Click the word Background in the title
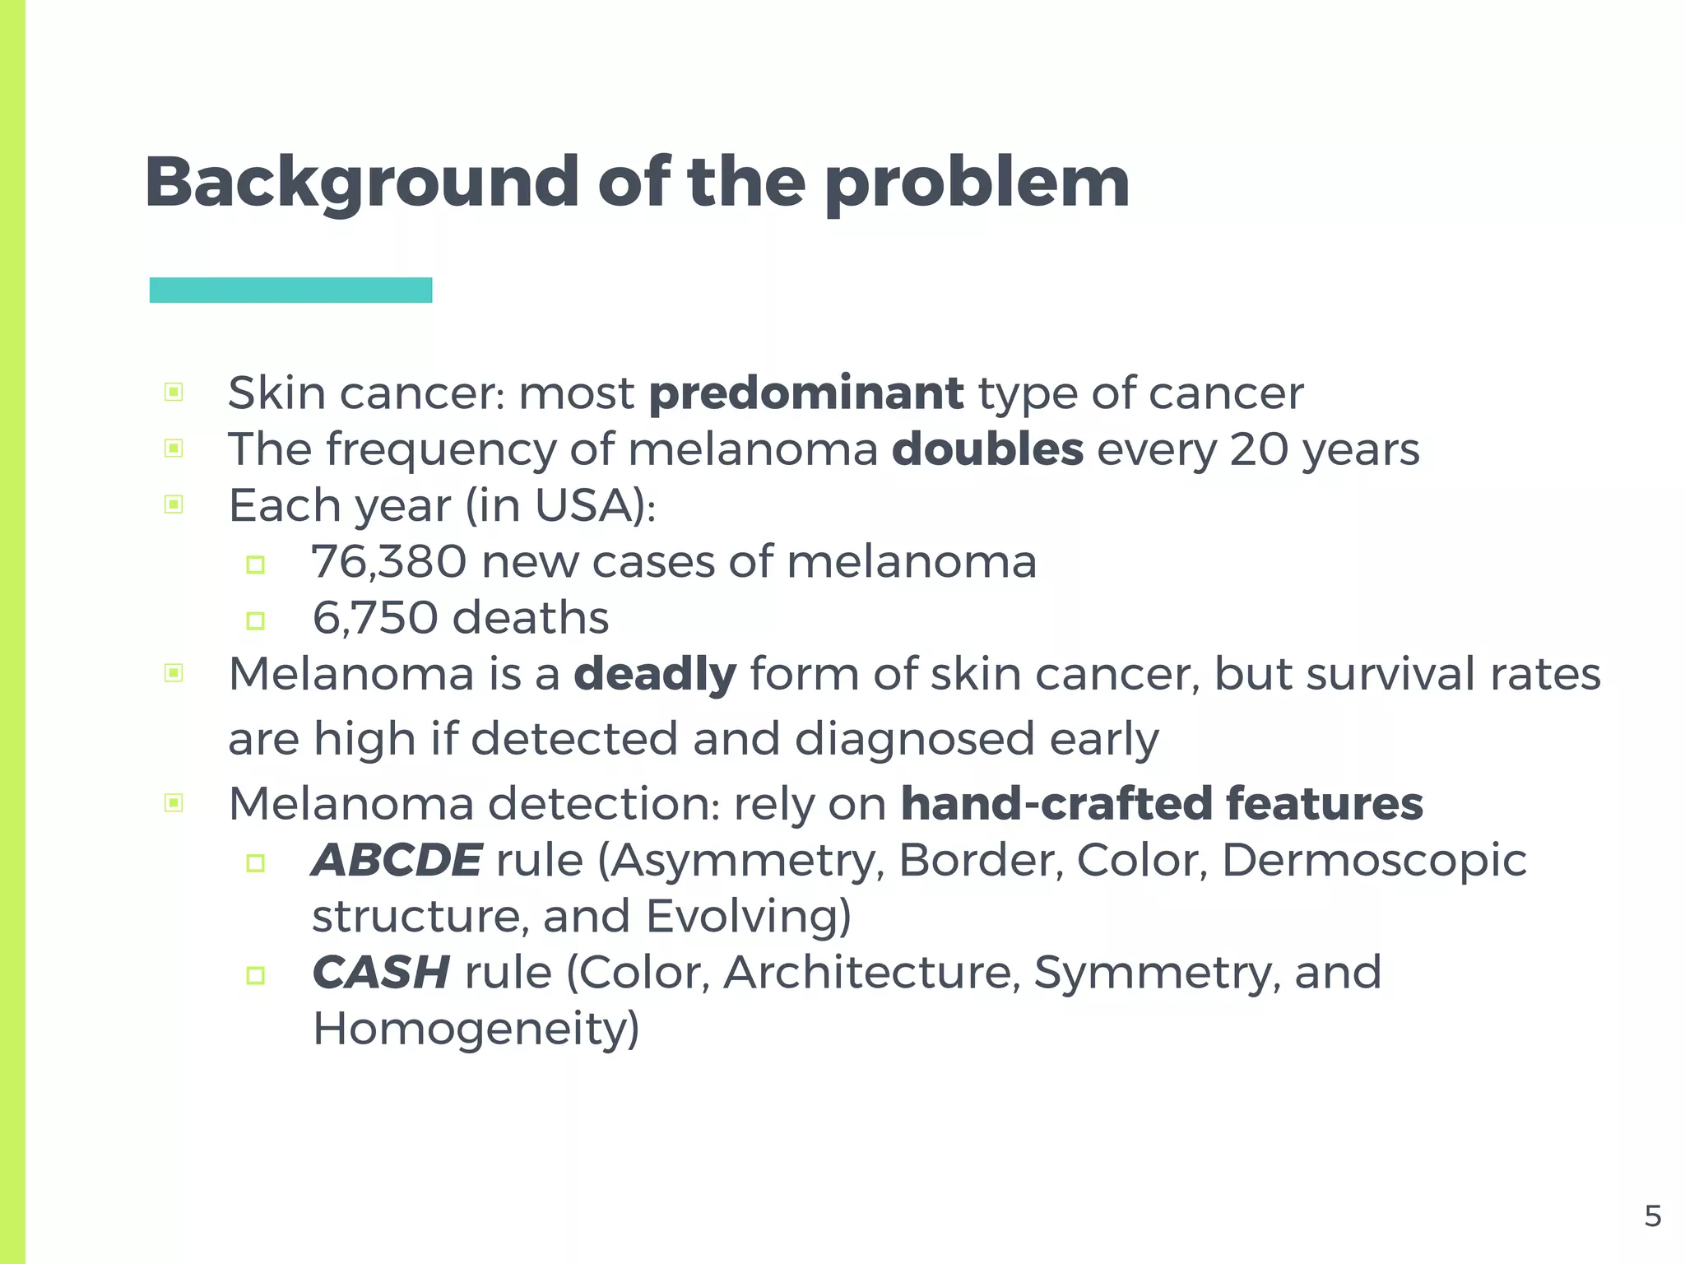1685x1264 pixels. (362, 183)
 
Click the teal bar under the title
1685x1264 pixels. (290, 290)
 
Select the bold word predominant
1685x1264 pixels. (805, 393)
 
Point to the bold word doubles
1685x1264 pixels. (987, 449)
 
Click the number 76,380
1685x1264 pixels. (389, 562)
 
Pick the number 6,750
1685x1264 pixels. (374, 618)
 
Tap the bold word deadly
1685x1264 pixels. (654, 675)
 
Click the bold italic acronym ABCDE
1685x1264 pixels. (397, 861)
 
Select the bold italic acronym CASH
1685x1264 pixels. (381, 973)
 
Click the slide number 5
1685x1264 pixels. (1652, 1216)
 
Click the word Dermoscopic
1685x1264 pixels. (1374, 861)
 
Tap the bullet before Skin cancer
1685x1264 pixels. (174, 392)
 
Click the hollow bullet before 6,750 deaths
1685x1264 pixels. (256, 620)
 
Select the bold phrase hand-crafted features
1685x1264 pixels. (1162, 804)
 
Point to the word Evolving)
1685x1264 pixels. (748, 917)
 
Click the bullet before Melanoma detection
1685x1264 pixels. (174, 802)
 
